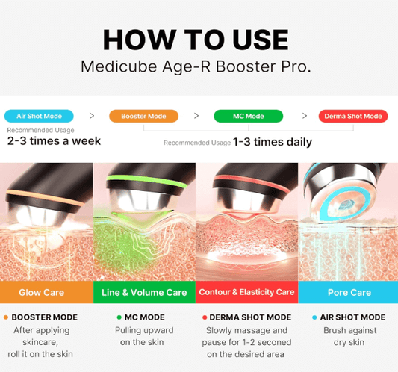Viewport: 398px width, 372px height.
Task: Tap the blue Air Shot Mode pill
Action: [x=39, y=116]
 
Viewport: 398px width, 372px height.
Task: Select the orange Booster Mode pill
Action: [x=143, y=116]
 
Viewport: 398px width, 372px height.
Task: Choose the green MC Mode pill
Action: [x=248, y=116]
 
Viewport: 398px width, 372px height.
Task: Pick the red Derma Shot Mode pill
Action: [x=352, y=116]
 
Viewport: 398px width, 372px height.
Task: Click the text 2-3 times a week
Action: [x=53, y=140]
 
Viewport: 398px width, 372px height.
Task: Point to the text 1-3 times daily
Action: [x=272, y=142]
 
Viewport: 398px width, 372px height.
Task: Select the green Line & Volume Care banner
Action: [x=145, y=292]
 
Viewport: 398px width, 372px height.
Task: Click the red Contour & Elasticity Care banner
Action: [x=246, y=292]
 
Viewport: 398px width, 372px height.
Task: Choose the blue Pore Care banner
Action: [x=348, y=292]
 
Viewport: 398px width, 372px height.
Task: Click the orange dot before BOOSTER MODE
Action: [x=6, y=317]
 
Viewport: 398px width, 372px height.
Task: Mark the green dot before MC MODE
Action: [x=119, y=317]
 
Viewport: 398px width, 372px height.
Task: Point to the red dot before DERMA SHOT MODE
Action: [x=205, y=317]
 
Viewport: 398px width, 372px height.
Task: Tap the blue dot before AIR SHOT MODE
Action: [x=314, y=317]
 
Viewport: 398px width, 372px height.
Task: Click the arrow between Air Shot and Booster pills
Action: [x=92, y=116]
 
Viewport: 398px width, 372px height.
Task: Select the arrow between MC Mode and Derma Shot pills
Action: [x=305, y=116]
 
